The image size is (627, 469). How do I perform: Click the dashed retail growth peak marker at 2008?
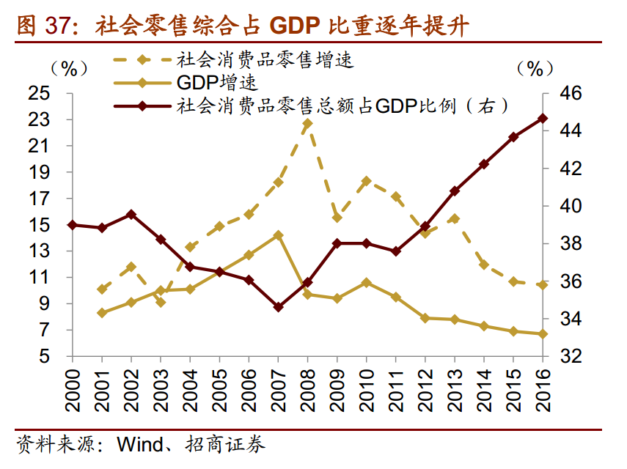(x=307, y=123)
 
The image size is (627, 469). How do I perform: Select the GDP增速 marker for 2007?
(x=278, y=235)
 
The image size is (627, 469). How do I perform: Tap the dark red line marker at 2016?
(x=543, y=118)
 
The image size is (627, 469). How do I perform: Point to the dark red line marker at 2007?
(x=278, y=307)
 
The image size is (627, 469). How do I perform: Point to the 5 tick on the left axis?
(x=45, y=357)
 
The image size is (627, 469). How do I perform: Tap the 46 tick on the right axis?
(x=569, y=94)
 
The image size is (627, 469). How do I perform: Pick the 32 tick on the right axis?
(x=569, y=357)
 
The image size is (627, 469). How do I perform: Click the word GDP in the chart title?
(x=298, y=26)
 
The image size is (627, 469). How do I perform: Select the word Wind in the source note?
(x=139, y=443)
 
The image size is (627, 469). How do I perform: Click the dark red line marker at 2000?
(x=72, y=225)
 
